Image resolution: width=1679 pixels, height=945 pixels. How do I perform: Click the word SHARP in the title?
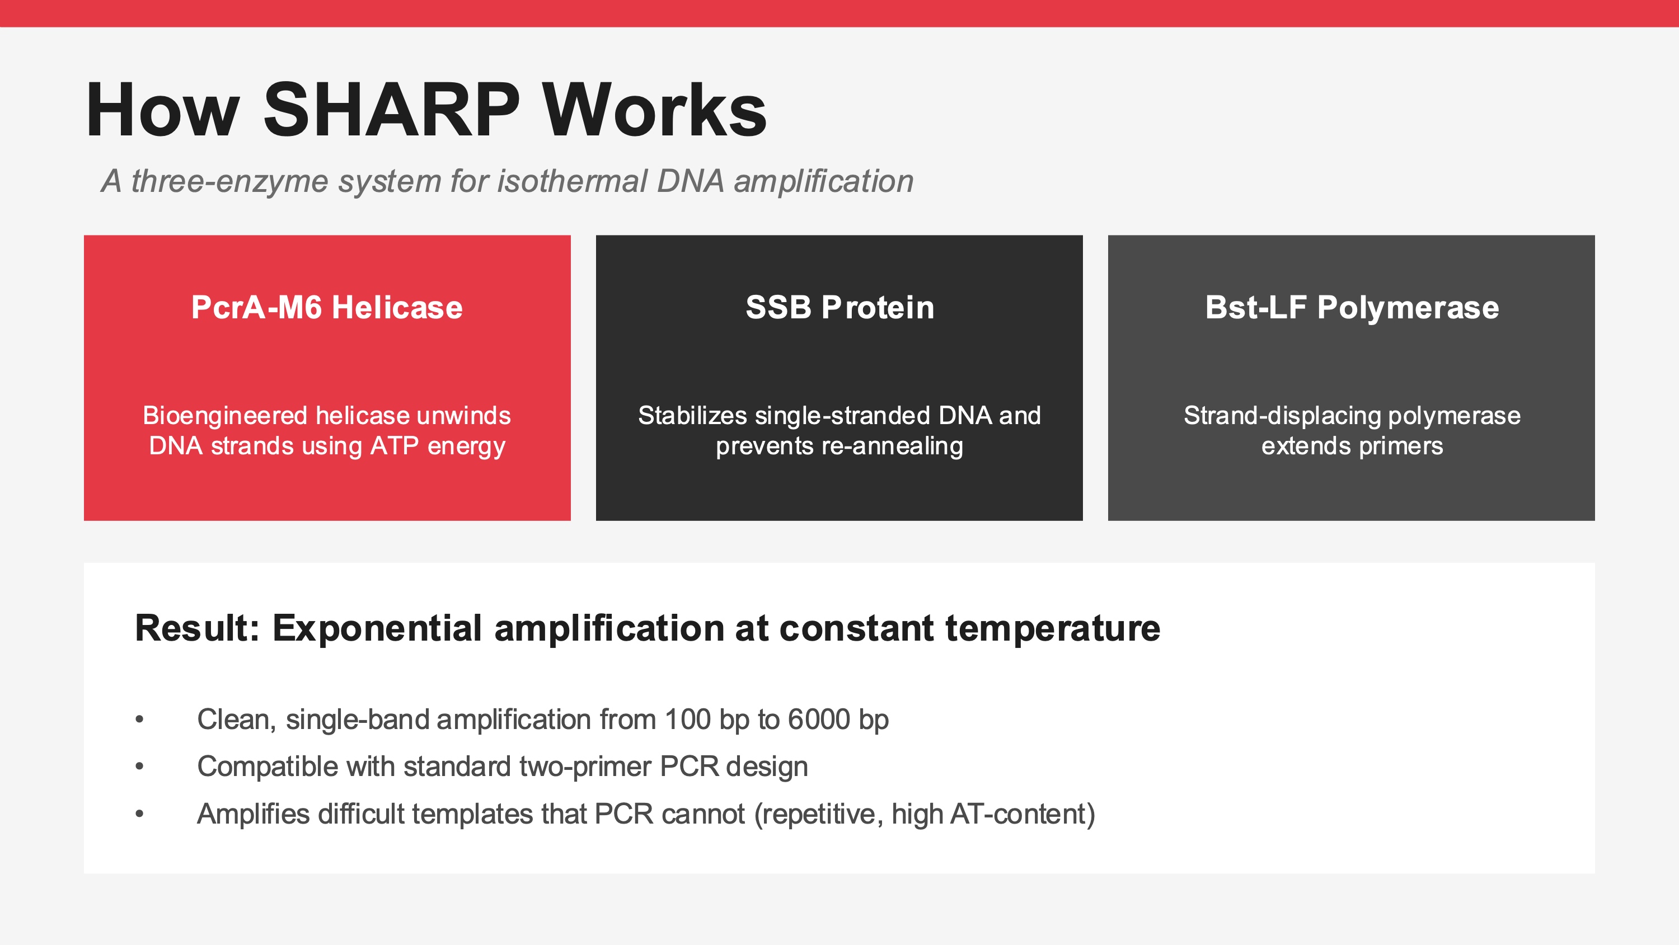[391, 110]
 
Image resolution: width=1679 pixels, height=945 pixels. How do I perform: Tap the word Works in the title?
[654, 110]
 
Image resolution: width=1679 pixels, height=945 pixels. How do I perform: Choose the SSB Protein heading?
[839, 307]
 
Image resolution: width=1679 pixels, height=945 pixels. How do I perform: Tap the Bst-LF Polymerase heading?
[1352, 307]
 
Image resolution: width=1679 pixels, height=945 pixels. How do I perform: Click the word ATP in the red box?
[395, 446]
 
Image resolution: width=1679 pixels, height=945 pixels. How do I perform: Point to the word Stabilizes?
[692, 416]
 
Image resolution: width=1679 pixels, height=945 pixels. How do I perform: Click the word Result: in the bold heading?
[197, 628]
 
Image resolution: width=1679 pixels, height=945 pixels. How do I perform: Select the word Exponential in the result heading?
[377, 629]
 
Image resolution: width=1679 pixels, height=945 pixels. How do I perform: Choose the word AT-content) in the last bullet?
[1023, 814]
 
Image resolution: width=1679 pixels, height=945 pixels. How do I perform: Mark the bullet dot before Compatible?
[139, 767]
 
